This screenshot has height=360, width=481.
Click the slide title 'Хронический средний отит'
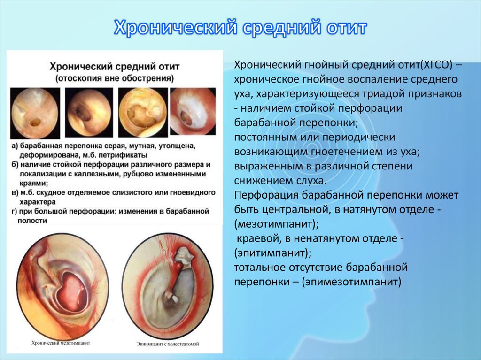click(x=240, y=29)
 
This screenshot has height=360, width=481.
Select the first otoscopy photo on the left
click(x=35, y=113)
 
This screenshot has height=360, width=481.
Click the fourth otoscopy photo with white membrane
click(x=193, y=113)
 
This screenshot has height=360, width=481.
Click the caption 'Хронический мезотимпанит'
click(x=61, y=343)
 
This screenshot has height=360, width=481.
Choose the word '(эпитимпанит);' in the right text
click(x=273, y=253)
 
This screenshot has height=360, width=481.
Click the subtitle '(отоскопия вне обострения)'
click(x=115, y=77)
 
